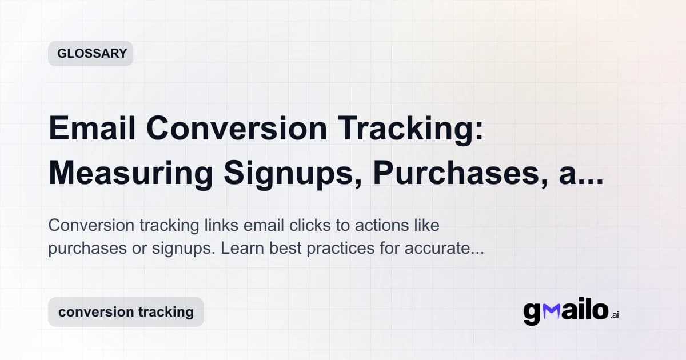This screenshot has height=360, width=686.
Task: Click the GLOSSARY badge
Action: click(x=90, y=54)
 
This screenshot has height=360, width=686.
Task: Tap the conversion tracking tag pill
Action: click(x=126, y=312)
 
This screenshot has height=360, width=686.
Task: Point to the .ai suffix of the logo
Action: click(x=614, y=315)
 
